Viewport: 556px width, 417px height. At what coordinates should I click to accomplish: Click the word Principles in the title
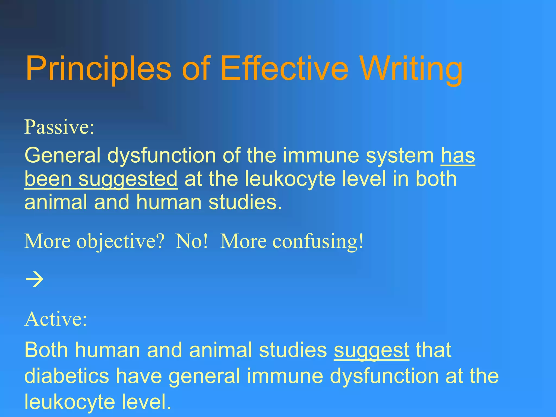pyautogui.click(x=98, y=68)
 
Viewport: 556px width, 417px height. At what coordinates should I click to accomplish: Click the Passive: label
pyautogui.click(x=59, y=127)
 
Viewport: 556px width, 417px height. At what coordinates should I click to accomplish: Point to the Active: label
pyautogui.click(x=56, y=319)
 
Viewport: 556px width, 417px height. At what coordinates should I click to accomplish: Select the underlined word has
pyautogui.click(x=458, y=156)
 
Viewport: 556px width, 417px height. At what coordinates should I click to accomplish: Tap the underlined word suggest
pyautogui.click(x=371, y=350)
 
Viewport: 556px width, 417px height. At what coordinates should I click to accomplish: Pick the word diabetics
pyautogui.click(x=67, y=376)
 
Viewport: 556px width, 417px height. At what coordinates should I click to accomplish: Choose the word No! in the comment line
pyautogui.click(x=192, y=241)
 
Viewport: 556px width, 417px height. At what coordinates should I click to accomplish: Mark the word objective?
pyautogui.click(x=121, y=241)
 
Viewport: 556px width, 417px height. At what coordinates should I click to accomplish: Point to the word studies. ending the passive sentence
pyautogui.click(x=245, y=203)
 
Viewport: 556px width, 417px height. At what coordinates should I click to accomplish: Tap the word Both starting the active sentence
pyautogui.click(x=46, y=350)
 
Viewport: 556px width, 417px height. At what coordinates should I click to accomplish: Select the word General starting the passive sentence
pyautogui.click(x=62, y=156)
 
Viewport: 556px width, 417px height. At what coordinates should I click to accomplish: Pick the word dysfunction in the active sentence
pyautogui.click(x=384, y=376)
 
